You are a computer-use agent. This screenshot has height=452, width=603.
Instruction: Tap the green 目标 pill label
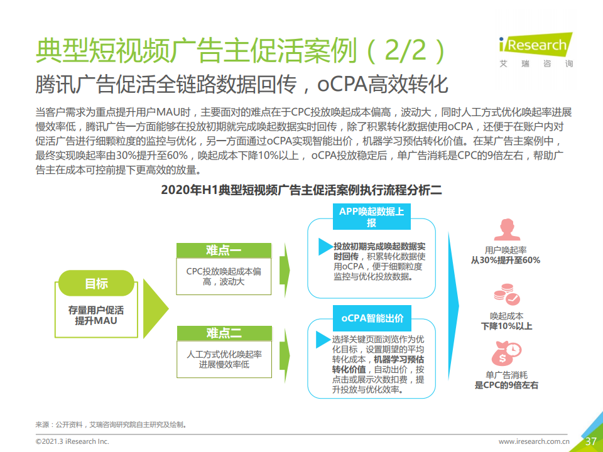click(x=96, y=283)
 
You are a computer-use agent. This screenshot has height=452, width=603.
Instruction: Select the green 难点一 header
click(x=224, y=250)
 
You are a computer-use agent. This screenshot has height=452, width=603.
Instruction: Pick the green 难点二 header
click(x=224, y=333)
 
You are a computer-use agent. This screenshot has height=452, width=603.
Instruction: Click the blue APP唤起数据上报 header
click(x=371, y=217)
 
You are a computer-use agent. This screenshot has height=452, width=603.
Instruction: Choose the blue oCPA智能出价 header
click(x=372, y=318)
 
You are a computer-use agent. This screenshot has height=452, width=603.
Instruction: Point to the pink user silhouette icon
click(x=507, y=230)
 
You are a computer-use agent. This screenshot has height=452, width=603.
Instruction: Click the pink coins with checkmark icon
click(x=507, y=295)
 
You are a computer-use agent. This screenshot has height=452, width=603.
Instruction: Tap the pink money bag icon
click(x=506, y=353)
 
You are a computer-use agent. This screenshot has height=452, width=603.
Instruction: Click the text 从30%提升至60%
click(x=506, y=260)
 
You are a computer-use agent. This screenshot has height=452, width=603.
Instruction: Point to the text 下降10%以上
click(x=506, y=326)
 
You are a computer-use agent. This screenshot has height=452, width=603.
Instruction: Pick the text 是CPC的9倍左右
click(x=506, y=385)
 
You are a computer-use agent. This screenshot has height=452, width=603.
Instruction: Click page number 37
click(x=590, y=441)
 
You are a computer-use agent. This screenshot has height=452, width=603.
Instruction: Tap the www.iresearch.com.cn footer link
click(x=534, y=441)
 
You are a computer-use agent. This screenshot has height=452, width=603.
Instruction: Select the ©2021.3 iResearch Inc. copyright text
click(x=72, y=441)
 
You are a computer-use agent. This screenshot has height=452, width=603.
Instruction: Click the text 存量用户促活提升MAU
click(x=96, y=315)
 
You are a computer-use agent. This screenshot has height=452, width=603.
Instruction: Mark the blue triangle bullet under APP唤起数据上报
click(x=325, y=247)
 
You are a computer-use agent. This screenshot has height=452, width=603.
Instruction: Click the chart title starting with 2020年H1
click(x=301, y=190)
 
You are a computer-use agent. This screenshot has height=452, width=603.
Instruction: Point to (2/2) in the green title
click(x=406, y=51)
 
